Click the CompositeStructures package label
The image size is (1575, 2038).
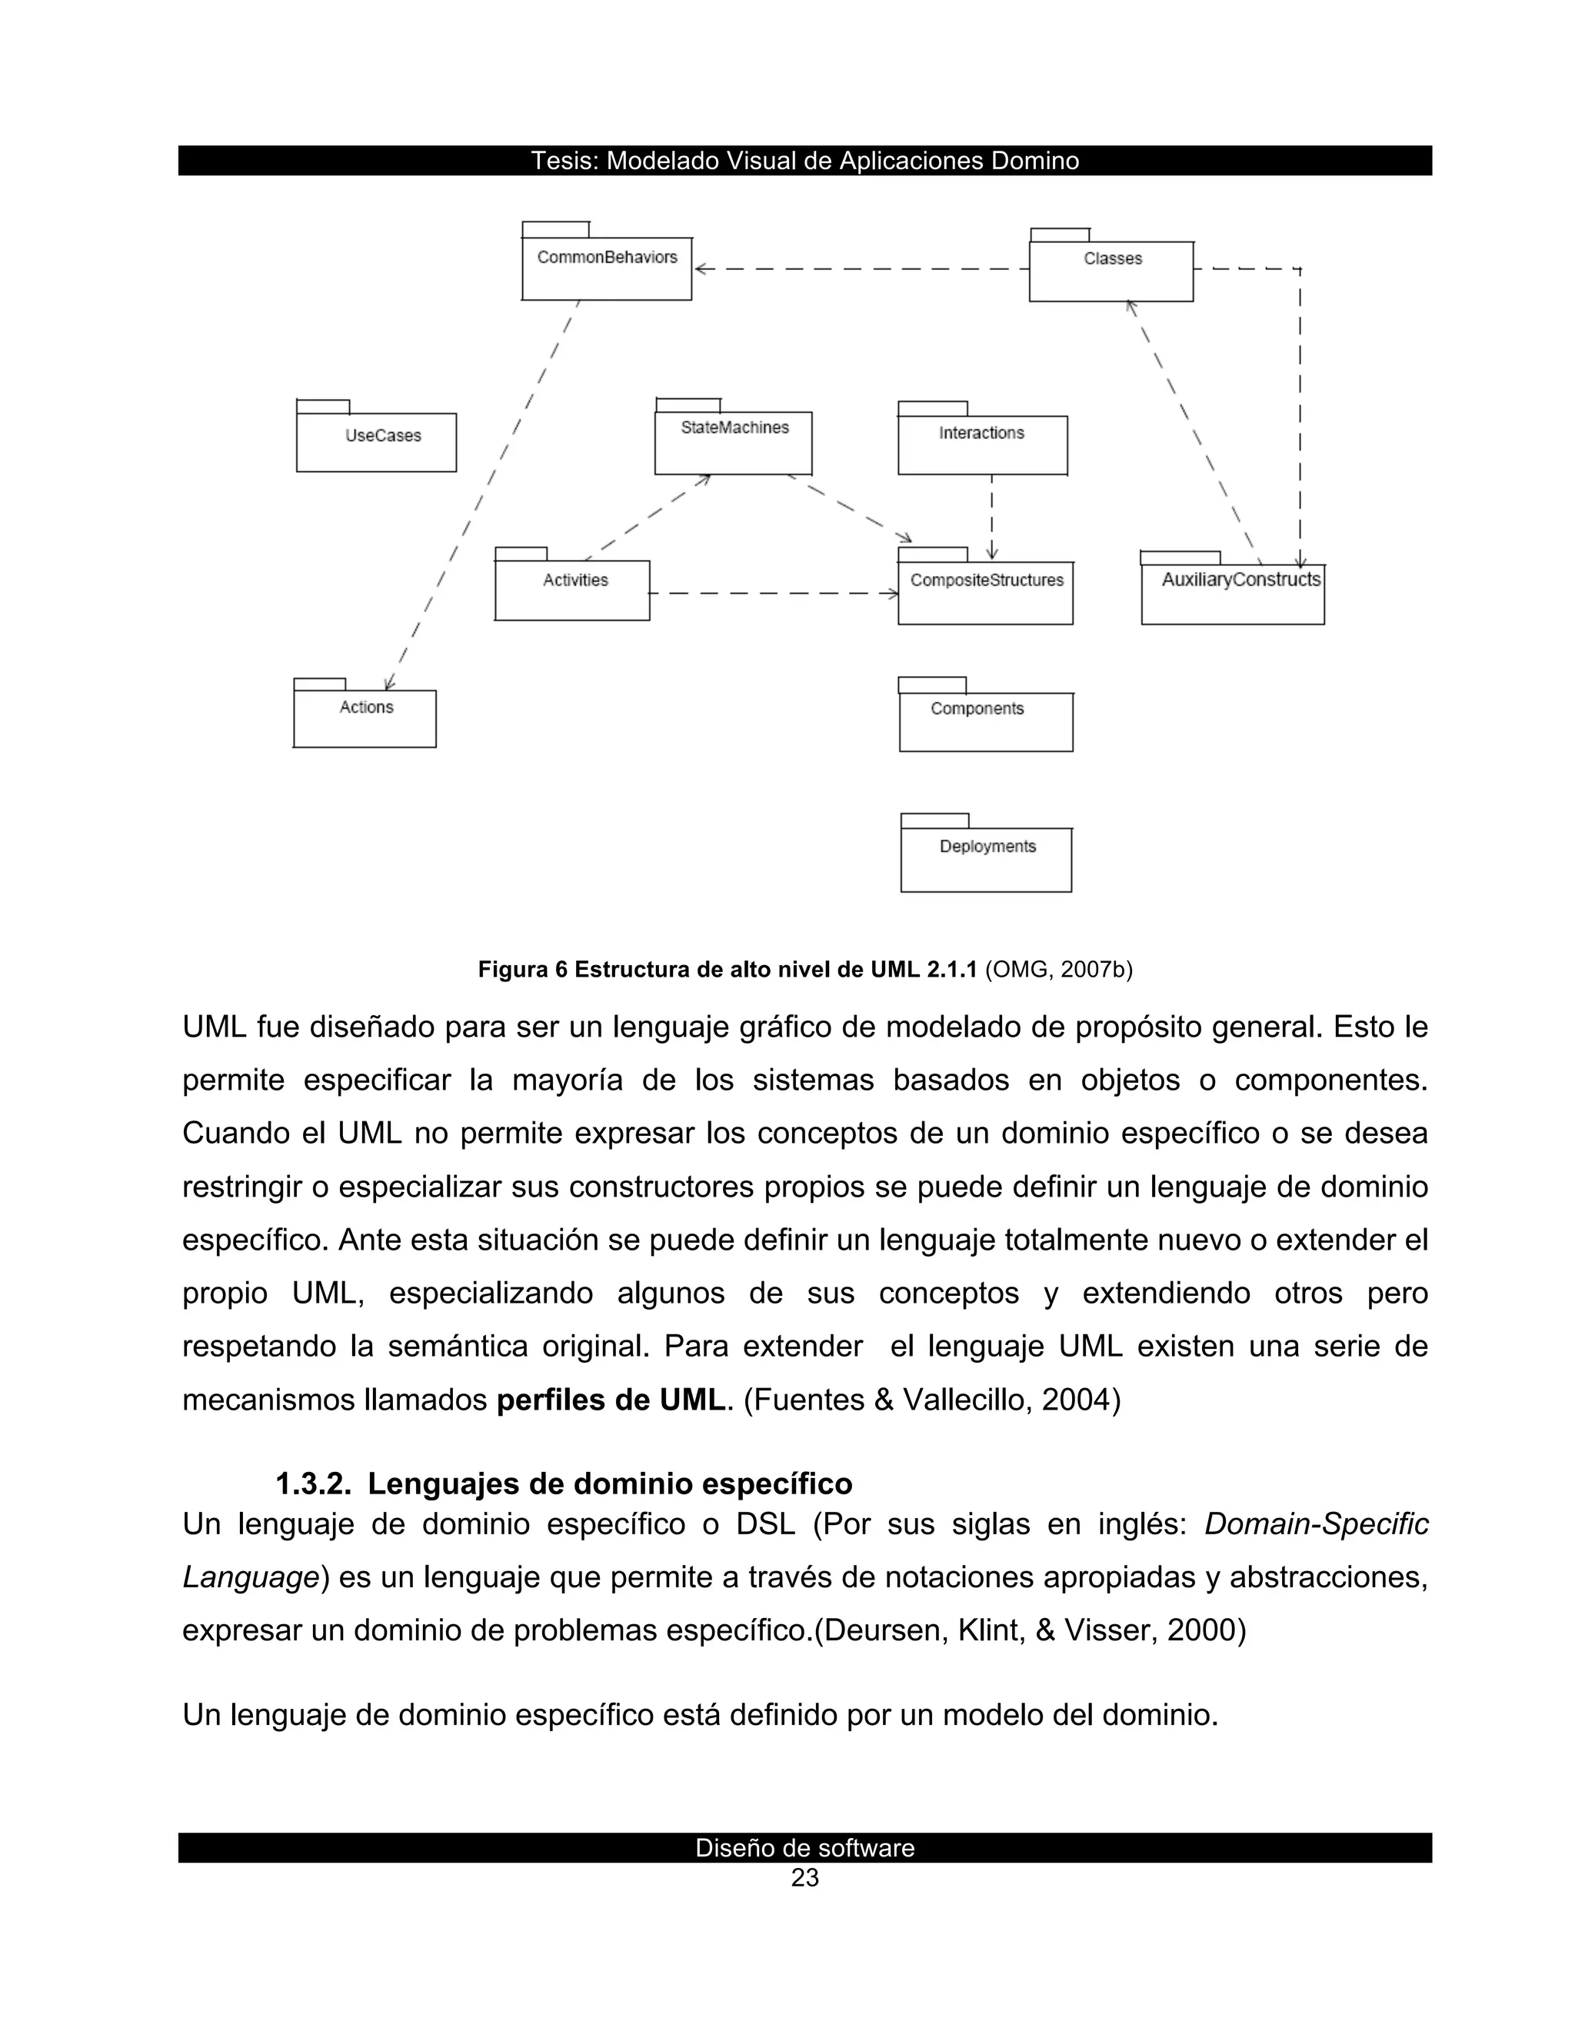click(986, 581)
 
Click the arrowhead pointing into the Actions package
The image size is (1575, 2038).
click(391, 683)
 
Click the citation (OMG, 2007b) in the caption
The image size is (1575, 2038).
click(1058, 970)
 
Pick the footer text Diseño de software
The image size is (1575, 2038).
click(804, 1847)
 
